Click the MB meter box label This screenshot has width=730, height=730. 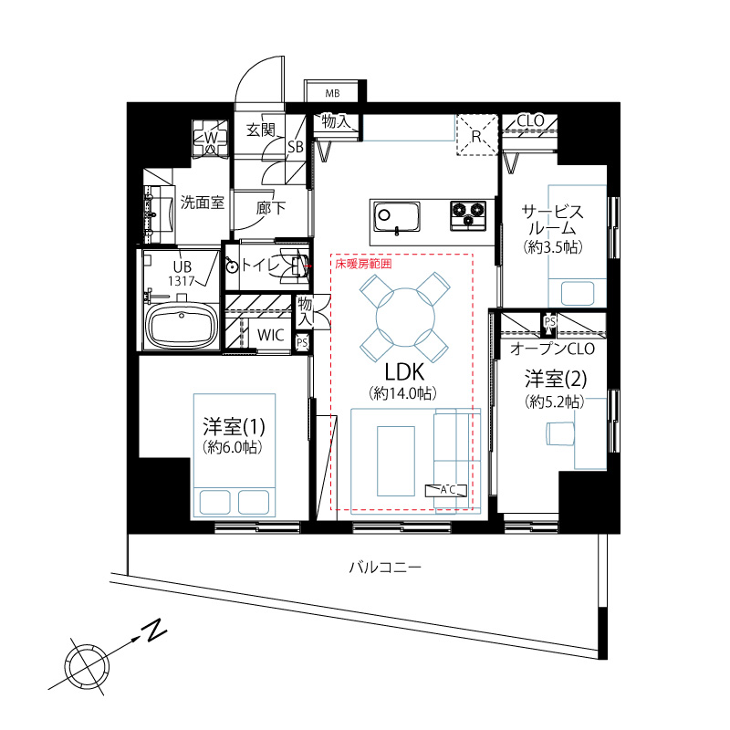[332, 94]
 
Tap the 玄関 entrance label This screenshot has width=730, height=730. [261, 130]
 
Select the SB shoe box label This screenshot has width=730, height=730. [295, 147]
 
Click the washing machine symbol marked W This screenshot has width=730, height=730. [211, 138]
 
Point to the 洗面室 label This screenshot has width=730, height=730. [203, 203]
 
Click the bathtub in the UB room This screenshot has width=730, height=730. [182, 326]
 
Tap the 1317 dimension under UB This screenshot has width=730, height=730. [181, 281]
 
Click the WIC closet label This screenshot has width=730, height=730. [270, 335]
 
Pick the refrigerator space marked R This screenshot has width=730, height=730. [476, 134]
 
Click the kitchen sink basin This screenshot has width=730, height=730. [397, 217]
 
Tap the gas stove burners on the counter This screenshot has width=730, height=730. [468, 215]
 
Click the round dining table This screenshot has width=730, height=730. [405, 317]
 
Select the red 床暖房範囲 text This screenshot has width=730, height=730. [363, 264]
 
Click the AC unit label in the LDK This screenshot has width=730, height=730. [446, 490]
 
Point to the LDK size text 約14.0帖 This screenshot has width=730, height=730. [403, 393]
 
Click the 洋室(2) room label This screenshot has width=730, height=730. [556, 379]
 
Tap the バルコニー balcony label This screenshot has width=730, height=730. [385, 568]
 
